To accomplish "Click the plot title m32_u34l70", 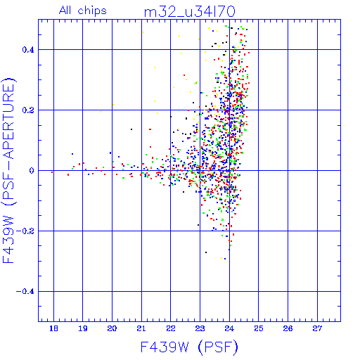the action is (189, 12).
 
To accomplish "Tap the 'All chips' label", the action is (83, 11).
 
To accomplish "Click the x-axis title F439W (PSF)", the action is (189, 347).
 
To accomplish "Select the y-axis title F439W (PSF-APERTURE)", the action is (8, 171).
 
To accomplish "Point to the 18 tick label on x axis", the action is (53, 328).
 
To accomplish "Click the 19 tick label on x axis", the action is (83, 328).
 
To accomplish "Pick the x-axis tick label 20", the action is (112, 328).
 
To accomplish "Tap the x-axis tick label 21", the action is (141, 328).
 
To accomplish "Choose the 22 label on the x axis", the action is (171, 328).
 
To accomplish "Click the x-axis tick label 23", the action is (200, 328).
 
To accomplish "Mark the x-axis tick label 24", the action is (229, 328).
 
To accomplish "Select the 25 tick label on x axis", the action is (259, 328).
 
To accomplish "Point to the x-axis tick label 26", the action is (288, 328).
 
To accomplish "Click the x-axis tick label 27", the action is (317, 328).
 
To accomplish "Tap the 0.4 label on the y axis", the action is (28, 50).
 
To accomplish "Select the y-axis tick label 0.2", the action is (28, 110).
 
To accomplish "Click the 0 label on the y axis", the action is (32, 171).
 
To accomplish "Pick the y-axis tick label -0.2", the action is (25, 231).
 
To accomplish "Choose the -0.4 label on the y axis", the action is (25, 292).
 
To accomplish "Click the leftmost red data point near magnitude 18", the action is (52, 172).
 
